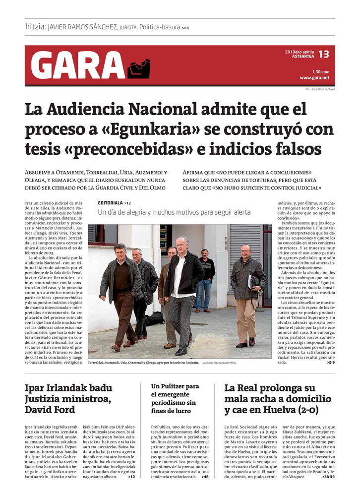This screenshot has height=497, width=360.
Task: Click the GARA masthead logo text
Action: [78, 65]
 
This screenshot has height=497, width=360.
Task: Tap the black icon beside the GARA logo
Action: [138, 68]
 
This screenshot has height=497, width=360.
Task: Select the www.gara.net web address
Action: [314, 78]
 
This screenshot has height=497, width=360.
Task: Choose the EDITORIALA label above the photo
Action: [111, 203]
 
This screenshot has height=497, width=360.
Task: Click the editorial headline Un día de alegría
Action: [174, 212]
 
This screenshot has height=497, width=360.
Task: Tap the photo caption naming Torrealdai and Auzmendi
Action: [143, 363]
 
